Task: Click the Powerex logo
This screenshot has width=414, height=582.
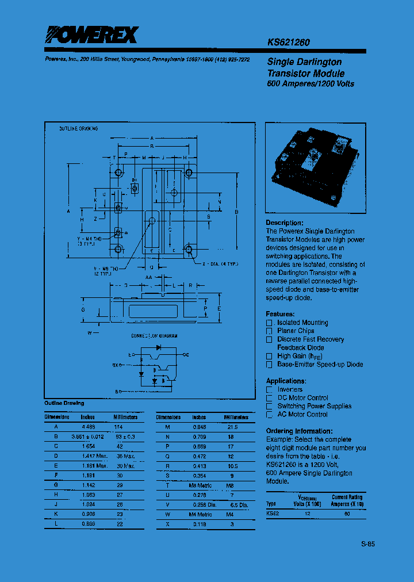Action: [91, 36]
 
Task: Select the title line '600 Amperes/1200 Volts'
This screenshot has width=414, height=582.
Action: [310, 84]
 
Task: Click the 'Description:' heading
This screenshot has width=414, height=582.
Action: [284, 223]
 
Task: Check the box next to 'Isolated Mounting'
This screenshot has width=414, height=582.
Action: [269, 323]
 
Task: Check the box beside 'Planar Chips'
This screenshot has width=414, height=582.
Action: [269, 331]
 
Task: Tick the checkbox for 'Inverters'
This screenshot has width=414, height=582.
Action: [269, 390]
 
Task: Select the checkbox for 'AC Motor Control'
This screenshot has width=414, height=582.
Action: [269, 415]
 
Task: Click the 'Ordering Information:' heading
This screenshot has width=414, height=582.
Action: [299, 431]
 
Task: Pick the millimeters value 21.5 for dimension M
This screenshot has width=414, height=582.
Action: [232, 427]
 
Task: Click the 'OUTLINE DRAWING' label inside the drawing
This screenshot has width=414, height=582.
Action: [78, 129]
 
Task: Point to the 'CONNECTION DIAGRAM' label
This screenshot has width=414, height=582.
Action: [154, 335]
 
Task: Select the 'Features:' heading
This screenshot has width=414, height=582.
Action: [280, 314]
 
